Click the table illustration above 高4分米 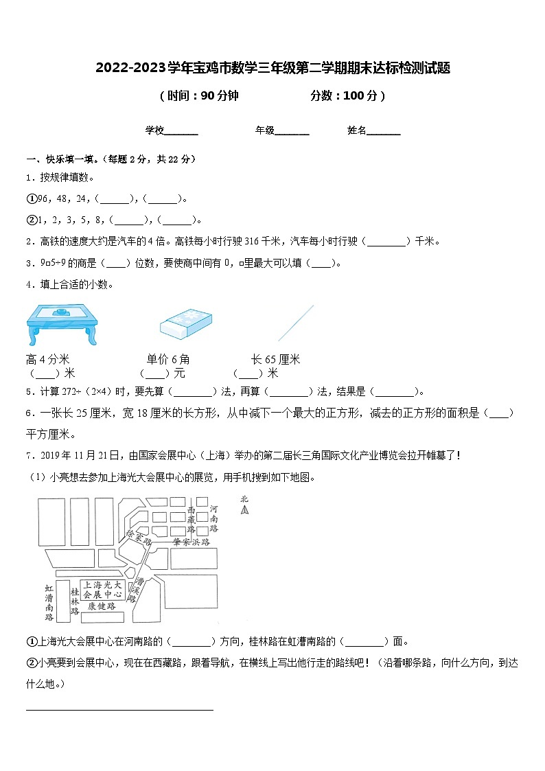point(61,323)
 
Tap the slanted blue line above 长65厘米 point(296,323)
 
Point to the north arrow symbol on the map point(244,507)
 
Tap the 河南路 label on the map point(213,519)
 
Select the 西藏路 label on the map point(192,521)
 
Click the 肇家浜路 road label point(192,542)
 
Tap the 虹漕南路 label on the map point(49,602)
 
